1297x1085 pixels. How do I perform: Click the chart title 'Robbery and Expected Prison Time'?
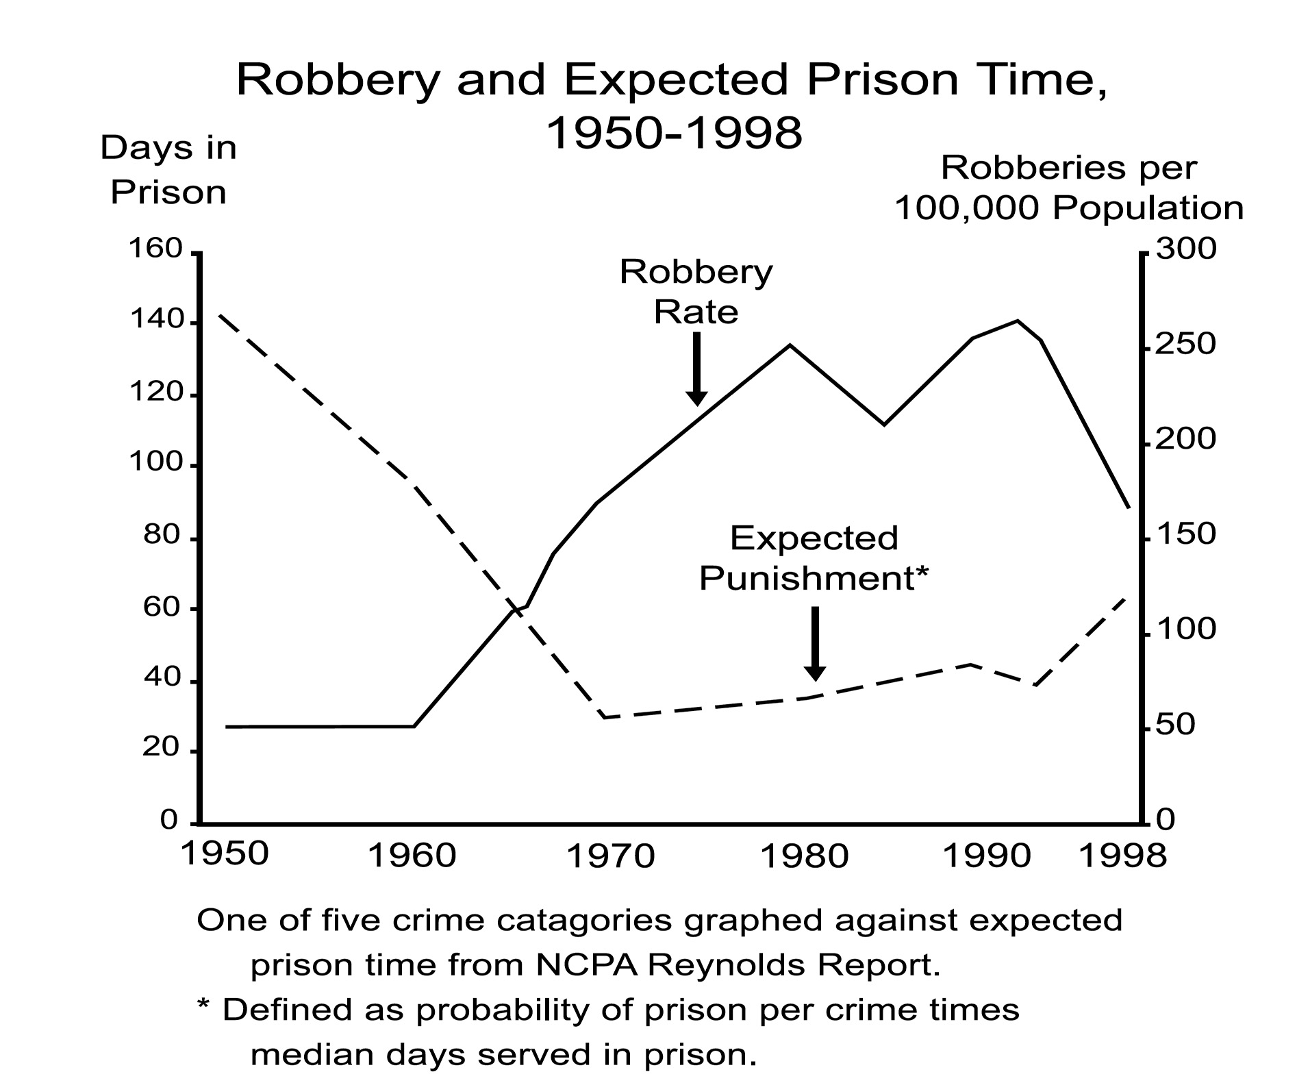[671, 81]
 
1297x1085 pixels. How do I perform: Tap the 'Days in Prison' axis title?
[168, 170]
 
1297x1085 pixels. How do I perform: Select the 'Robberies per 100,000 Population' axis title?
[1069, 188]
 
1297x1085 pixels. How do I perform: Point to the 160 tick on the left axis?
[156, 249]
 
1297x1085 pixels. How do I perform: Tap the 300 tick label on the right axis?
[1186, 249]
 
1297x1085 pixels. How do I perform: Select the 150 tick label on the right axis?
[1186, 534]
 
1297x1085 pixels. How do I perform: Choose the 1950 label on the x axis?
[225, 854]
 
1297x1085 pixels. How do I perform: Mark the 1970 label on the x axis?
[612, 856]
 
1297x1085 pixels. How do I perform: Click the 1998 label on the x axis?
[1122, 856]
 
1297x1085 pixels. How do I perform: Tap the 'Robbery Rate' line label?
[696, 292]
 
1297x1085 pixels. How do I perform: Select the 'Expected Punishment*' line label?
[813, 558]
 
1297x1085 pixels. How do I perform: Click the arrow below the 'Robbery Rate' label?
[696, 369]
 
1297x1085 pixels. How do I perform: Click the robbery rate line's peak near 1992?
[1018, 321]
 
